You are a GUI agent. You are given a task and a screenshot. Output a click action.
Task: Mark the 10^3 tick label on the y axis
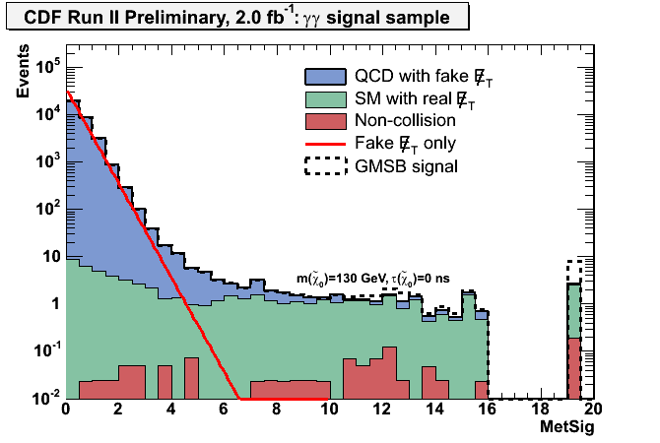coord(45,162)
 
